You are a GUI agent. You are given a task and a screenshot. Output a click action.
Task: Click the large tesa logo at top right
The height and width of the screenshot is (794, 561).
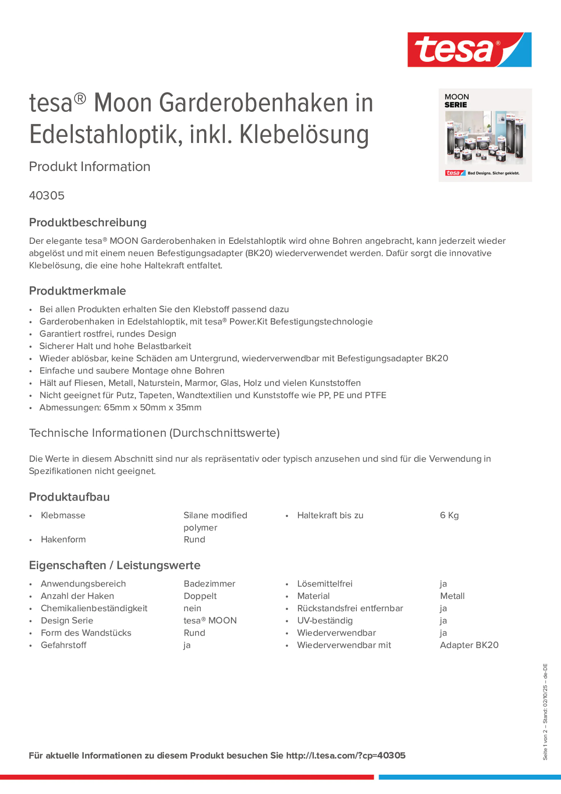[469, 50]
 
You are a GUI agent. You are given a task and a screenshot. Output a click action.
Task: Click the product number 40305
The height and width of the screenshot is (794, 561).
[47, 196]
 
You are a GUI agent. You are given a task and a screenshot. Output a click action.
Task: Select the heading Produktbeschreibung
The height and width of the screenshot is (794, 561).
[88, 222]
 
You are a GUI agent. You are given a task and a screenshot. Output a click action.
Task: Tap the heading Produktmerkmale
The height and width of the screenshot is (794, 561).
[78, 291]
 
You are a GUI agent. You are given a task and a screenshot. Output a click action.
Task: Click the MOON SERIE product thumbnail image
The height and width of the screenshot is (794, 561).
[485, 135]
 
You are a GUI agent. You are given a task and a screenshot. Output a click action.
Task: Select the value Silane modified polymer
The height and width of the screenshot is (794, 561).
[215, 521]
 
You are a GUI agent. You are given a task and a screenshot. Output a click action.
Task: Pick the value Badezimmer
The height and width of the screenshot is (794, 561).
[209, 584]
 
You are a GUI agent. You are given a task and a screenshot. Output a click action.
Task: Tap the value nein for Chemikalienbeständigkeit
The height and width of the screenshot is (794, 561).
[192, 608]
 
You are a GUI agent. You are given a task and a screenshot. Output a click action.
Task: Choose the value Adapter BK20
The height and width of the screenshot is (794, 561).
[469, 645]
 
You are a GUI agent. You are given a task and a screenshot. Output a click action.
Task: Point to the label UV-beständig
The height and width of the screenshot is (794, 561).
[325, 620]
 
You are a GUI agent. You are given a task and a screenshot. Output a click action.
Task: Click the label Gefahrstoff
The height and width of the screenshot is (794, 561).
[64, 645]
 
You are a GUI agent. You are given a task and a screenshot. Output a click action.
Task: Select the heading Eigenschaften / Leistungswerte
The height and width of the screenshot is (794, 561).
[114, 565]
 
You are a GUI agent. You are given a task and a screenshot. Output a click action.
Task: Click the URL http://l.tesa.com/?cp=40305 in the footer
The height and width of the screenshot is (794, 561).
[345, 756]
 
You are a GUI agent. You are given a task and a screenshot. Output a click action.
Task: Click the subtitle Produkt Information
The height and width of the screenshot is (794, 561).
[89, 167]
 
